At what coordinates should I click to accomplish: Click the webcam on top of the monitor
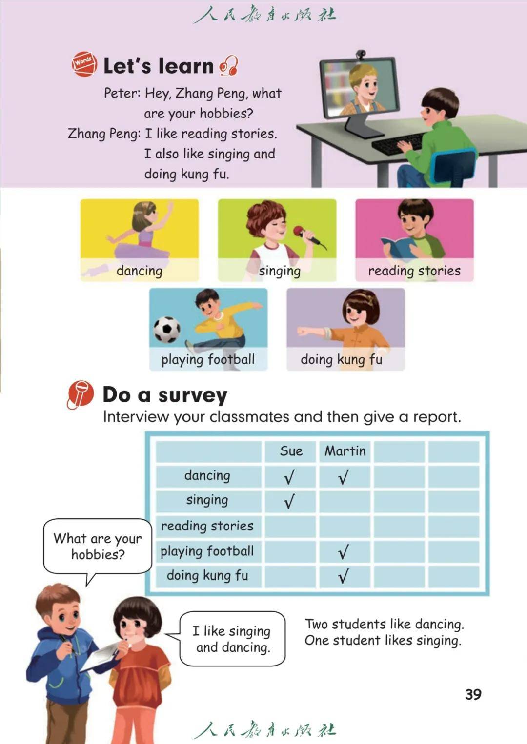pyautogui.click(x=360, y=54)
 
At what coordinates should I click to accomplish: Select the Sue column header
pyautogui.click(x=291, y=451)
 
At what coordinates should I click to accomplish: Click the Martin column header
pyautogui.click(x=345, y=451)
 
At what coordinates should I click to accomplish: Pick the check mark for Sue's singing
pyautogui.click(x=289, y=501)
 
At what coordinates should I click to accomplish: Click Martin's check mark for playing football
pyautogui.click(x=344, y=552)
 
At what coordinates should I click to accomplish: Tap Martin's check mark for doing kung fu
pyautogui.click(x=344, y=577)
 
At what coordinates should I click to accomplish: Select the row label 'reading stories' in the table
pyautogui.click(x=207, y=526)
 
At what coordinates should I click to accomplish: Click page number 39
pyautogui.click(x=473, y=694)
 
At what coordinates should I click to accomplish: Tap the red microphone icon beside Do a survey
pyautogui.click(x=80, y=394)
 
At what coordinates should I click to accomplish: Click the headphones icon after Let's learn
pyautogui.click(x=228, y=66)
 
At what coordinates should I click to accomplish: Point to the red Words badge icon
pyautogui.click(x=84, y=63)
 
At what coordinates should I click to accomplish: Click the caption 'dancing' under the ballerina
pyautogui.click(x=139, y=271)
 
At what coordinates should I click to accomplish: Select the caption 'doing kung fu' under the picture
pyautogui.click(x=341, y=360)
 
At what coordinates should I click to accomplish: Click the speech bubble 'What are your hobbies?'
pyautogui.click(x=98, y=546)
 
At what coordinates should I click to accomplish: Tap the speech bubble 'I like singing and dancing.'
pyautogui.click(x=232, y=639)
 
